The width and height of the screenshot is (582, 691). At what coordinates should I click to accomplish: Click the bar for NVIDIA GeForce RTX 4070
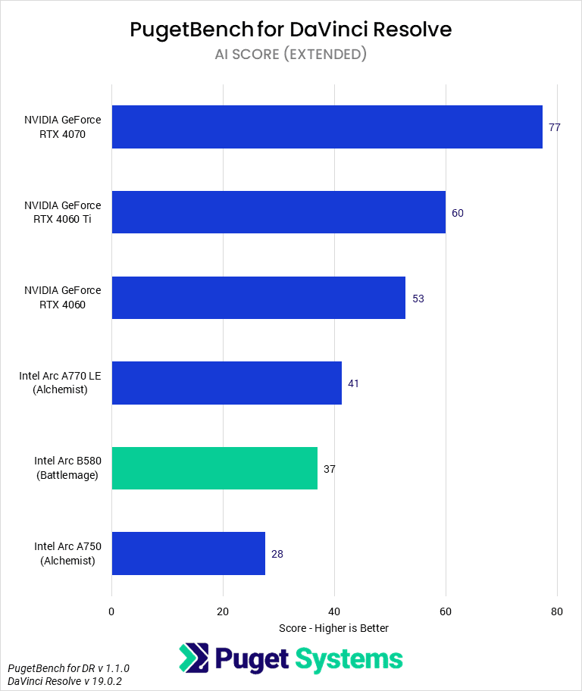click(327, 127)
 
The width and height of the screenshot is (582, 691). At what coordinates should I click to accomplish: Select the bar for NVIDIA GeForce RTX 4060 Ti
click(278, 212)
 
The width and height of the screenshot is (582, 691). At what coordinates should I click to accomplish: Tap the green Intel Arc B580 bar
click(214, 468)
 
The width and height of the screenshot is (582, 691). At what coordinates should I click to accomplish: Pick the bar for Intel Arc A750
click(188, 554)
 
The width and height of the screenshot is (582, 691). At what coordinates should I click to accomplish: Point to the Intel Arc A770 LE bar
click(227, 383)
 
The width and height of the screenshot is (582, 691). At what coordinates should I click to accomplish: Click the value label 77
click(554, 127)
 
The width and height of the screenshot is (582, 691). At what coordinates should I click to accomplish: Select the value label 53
click(418, 299)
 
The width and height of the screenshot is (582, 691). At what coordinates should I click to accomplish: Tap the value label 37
click(329, 469)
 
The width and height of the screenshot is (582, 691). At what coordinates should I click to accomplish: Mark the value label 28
click(277, 554)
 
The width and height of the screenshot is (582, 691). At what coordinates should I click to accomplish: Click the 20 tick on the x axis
click(223, 611)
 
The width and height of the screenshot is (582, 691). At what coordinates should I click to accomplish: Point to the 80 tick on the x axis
click(557, 611)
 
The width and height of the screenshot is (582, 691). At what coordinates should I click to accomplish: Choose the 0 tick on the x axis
click(111, 611)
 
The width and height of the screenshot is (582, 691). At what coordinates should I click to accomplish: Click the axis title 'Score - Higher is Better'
click(333, 628)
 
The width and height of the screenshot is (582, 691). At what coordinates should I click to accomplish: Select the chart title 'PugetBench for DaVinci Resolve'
click(291, 30)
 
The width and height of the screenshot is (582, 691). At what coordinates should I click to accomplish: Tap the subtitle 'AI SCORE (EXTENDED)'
click(291, 55)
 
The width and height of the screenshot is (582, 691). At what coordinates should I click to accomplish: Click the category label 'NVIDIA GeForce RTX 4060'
click(62, 298)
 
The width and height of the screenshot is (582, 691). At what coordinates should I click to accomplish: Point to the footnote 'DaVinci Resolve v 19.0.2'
click(68, 681)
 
